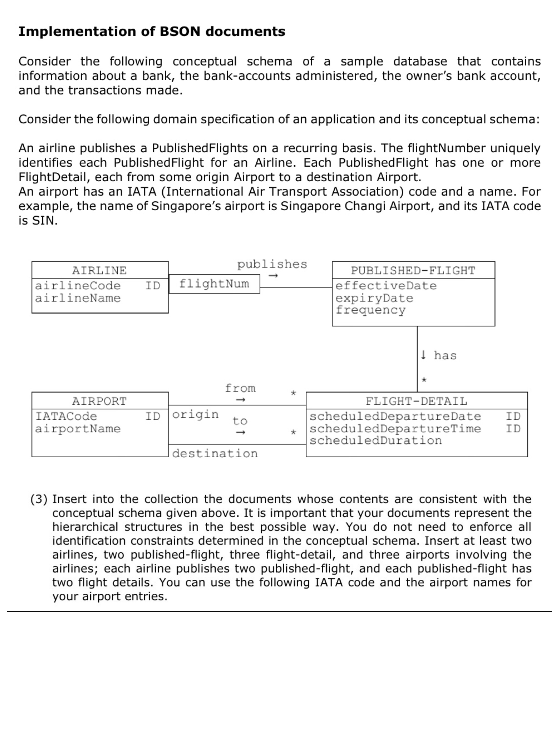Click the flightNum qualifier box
pyautogui.click(x=214, y=284)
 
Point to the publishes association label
pyautogui.click(x=272, y=264)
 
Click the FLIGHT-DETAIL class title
pyautogui.click(x=416, y=401)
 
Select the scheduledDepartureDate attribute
pyautogui.click(x=395, y=416)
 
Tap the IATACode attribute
pyautogui.click(x=66, y=416)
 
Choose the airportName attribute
pyautogui.click(x=78, y=429)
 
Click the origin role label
pyautogui.click(x=195, y=415)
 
